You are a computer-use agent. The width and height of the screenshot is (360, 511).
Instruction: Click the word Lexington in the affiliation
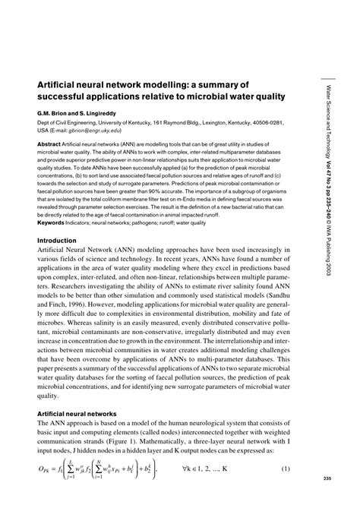pos(200,121)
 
